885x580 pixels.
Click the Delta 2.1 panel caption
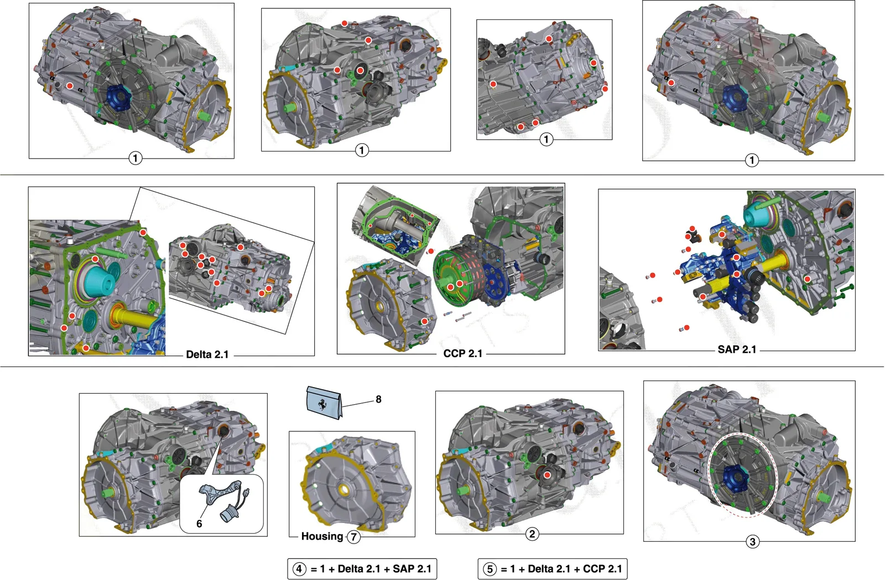pyautogui.click(x=207, y=354)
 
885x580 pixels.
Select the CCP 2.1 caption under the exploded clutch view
pyautogui.click(x=462, y=353)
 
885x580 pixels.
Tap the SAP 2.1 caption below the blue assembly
pyautogui.click(x=737, y=349)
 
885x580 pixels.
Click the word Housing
pyautogui.click(x=322, y=536)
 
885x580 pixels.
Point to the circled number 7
pyautogui.click(x=353, y=537)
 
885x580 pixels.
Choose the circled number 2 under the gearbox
pyautogui.click(x=532, y=534)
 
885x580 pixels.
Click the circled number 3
pyautogui.click(x=752, y=542)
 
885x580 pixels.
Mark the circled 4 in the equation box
pyautogui.click(x=299, y=569)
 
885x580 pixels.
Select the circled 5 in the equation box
pyautogui.click(x=490, y=569)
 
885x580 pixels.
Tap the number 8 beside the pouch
pyautogui.click(x=378, y=399)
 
